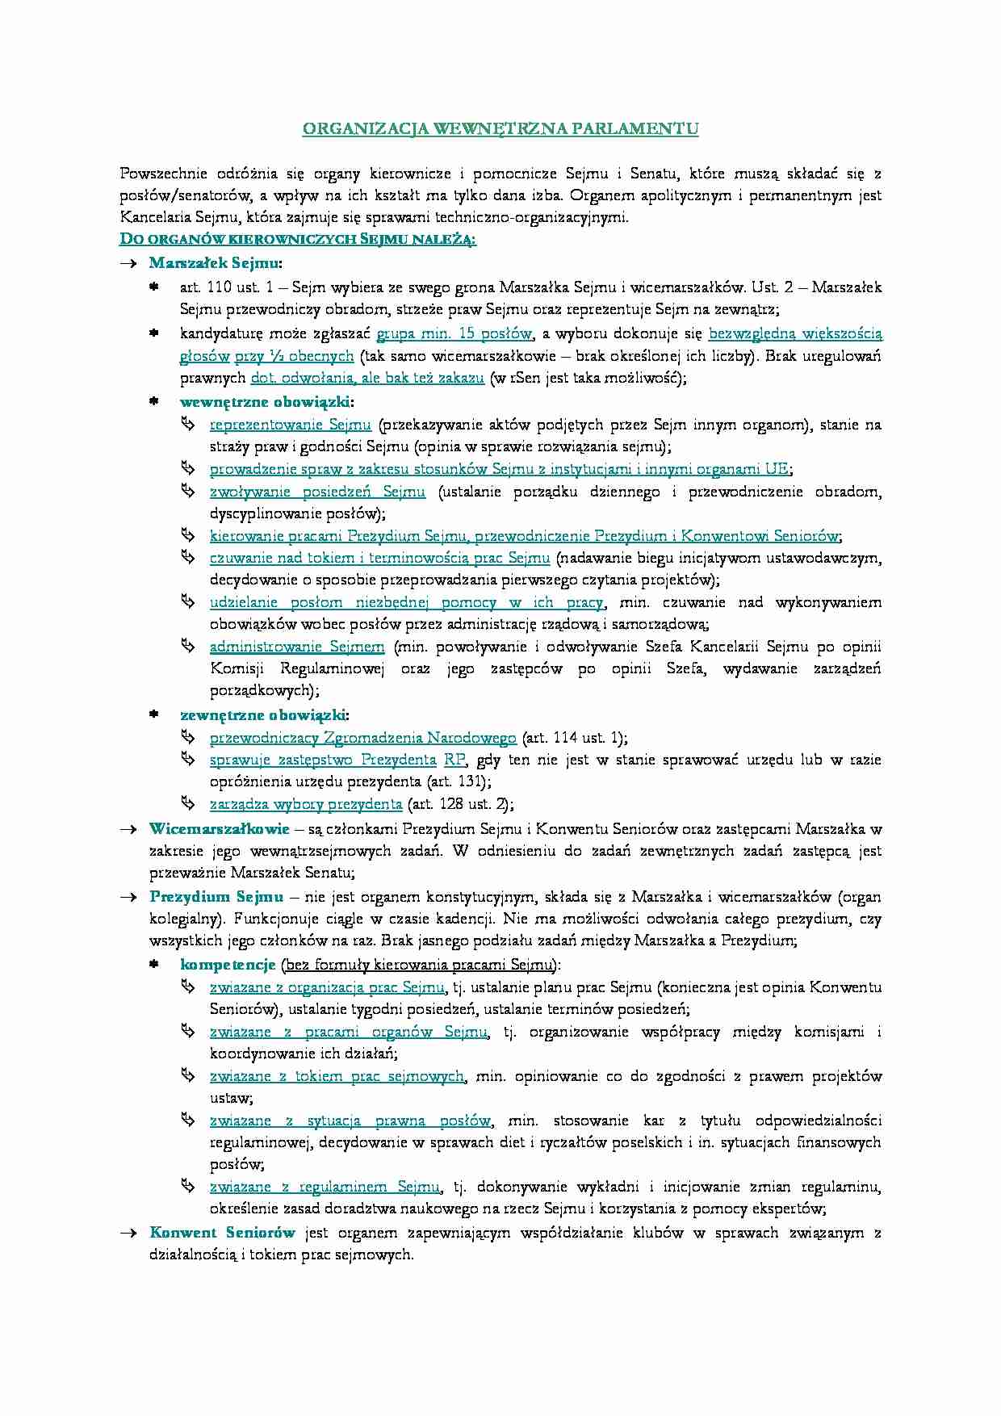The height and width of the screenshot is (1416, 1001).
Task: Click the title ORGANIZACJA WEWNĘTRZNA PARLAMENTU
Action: click(500, 128)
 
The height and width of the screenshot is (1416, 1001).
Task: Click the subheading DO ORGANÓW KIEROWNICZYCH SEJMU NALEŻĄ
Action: click(297, 239)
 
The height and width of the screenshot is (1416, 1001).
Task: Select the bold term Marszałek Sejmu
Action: click(214, 262)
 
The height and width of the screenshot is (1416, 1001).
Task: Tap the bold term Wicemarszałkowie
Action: click(219, 828)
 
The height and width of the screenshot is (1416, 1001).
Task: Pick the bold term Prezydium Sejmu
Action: click(216, 896)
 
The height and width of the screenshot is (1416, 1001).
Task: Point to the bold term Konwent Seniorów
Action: click(222, 1232)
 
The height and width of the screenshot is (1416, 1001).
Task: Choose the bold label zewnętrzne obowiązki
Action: click(262, 714)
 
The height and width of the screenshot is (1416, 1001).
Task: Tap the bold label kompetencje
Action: click(228, 964)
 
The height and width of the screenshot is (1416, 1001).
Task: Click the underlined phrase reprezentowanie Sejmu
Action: click(290, 424)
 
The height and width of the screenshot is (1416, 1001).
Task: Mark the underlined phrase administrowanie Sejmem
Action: click(297, 646)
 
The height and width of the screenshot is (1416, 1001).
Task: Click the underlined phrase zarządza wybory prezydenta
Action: click(305, 803)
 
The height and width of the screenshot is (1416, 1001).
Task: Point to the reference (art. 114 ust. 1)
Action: click(574, 737)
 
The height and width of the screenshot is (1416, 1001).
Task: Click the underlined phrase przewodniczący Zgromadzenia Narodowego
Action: click(362, 737)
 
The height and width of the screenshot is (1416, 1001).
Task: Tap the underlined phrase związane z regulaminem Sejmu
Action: click(325, 1186)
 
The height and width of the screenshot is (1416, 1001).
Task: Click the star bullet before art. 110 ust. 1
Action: click(154, 287)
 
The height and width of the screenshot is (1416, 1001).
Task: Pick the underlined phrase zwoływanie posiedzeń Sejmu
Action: click(317, 491)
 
